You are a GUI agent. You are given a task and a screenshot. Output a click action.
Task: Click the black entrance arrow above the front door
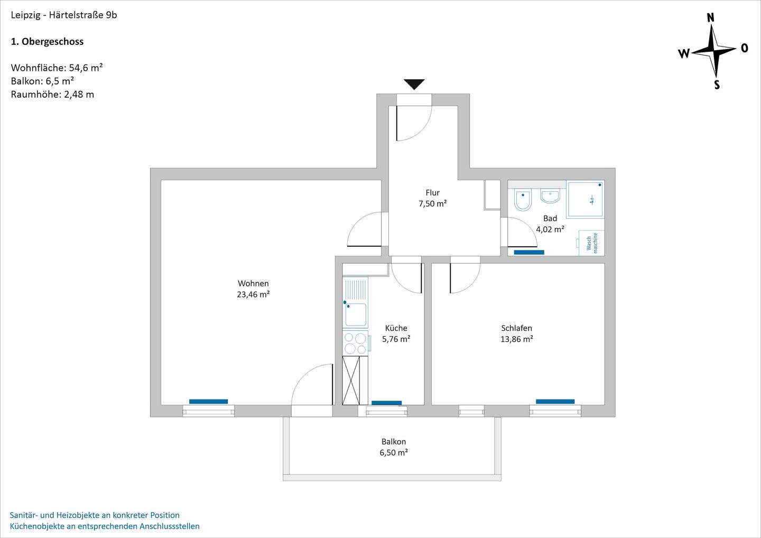414,84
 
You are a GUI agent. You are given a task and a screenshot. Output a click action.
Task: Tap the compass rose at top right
714,51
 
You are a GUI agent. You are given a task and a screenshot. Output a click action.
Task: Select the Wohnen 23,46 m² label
253,289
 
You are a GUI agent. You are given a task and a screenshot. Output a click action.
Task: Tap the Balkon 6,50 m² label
394,447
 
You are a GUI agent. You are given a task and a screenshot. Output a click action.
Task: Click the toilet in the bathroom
522,200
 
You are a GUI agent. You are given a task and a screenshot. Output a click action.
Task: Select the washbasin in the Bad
550,196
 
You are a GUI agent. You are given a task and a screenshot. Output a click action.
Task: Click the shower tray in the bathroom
585,199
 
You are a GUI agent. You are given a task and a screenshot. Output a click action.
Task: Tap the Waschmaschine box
591,243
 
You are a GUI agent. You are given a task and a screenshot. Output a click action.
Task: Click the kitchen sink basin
356,315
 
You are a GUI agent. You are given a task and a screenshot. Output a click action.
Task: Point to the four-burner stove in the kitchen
355,343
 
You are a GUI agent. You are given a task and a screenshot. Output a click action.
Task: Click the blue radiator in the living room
208,402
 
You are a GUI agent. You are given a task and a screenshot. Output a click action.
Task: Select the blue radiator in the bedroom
555,402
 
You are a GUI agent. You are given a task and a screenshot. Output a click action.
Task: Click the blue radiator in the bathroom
529,253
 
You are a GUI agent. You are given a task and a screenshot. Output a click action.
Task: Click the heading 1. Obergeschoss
48,41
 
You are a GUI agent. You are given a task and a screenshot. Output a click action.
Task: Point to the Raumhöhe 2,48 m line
52,95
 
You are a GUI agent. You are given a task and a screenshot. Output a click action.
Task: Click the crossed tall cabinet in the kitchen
355,381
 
